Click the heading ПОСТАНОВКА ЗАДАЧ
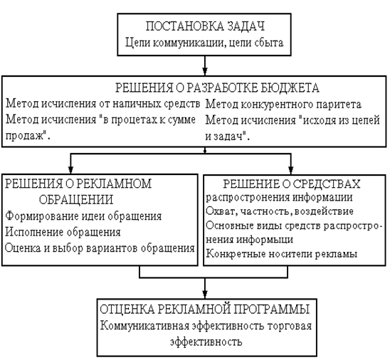205,26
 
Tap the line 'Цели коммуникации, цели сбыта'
204,43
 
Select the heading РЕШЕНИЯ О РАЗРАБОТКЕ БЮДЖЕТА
217,88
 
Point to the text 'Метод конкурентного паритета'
283,105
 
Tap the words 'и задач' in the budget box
224,136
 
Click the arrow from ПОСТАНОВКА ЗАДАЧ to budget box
205,65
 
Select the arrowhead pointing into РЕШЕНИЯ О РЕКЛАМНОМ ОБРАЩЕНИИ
70,170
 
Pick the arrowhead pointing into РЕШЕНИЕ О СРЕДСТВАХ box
290,170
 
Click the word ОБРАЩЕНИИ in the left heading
76,199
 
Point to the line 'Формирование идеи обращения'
83,216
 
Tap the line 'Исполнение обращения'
63,232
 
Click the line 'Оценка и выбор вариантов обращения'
100,248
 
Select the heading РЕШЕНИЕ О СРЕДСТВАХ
292,184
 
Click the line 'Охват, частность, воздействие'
280,211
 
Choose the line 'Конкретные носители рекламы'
282,254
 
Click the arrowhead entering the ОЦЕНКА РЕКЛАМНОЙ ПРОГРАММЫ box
205,294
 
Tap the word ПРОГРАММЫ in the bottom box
272,309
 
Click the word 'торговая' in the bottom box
289,326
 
